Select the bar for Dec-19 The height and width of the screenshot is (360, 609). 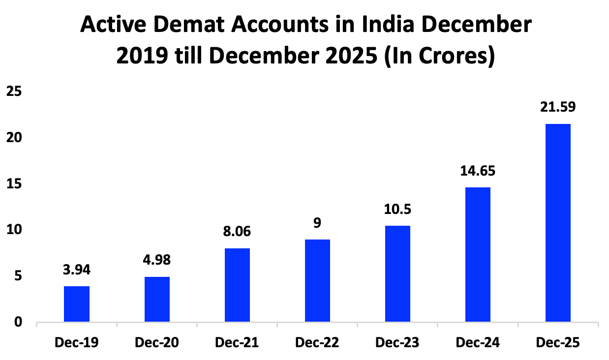[x=77, y=304]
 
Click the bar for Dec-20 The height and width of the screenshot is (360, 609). [x=157, y=300]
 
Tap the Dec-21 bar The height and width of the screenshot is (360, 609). [x=237, y=285]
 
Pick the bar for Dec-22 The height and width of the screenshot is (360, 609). [x=317, y=281]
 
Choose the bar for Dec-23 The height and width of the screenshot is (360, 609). [x=397, y=274]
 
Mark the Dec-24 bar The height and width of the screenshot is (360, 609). [x=478, y=255]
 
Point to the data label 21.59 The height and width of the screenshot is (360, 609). [x=558, y=107]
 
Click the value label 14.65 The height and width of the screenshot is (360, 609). [x=478, y=171]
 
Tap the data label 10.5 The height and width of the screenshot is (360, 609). [x=397, y=209]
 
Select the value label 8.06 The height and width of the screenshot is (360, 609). [x=237, y=232]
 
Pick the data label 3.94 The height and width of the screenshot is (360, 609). [x=77, y=270]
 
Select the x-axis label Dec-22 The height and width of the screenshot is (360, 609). [x=317, y=342]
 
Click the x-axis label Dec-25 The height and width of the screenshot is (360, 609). [x=558, y=342]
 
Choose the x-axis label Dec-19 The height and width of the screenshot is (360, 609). [x=77, y=342]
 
